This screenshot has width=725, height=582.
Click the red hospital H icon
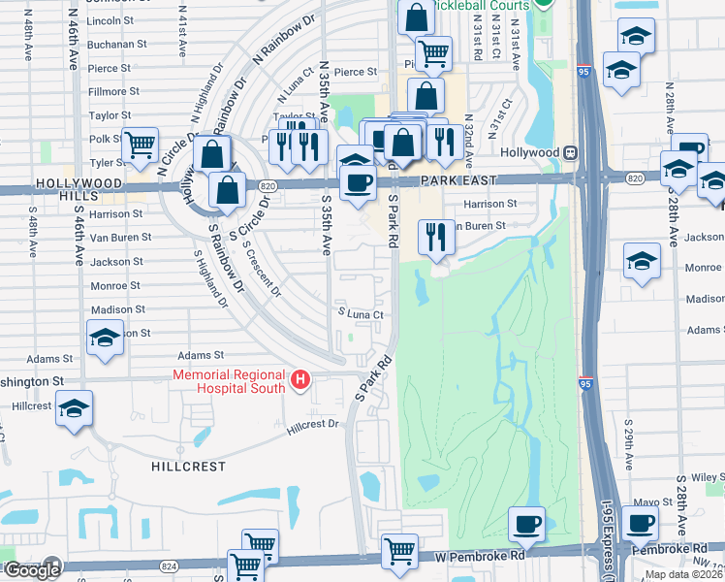pyautogui.click(x=300, y=377)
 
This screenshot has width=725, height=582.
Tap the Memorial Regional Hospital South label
pyautogui.click(x=229, y=381)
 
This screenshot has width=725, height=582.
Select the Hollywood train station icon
pyautogui.click(x=572, y=152)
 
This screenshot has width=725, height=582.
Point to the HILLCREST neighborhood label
pyautogui.click(x=189, y=467)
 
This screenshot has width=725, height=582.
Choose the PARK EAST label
pyautogui.click(x=458, y=181)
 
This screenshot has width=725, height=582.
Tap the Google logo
pyautogui.click(x=32, y=570)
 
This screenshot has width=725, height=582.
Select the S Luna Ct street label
pyautogui.click(x=361, y=314)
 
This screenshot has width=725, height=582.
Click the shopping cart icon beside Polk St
pyautogui.click(x=142, y=145)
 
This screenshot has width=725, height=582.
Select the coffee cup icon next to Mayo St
pyautogui.click(x=640, y=525)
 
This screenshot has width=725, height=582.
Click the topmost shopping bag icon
pyautogui.click(x=416, y=17)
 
